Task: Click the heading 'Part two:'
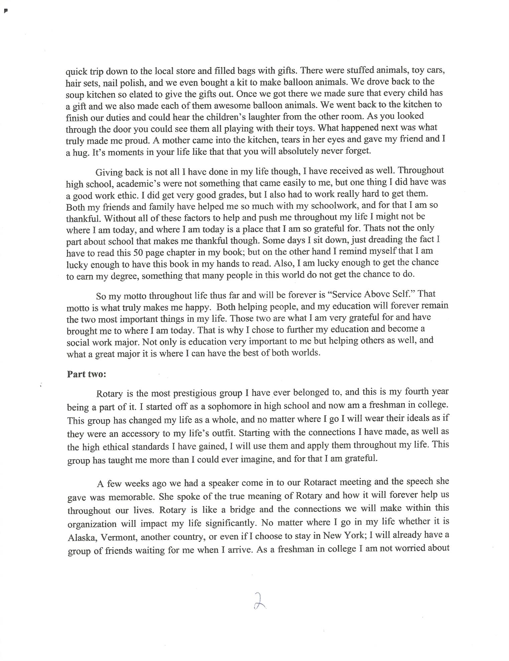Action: coord(87,374)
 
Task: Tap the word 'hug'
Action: coord(79,152)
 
